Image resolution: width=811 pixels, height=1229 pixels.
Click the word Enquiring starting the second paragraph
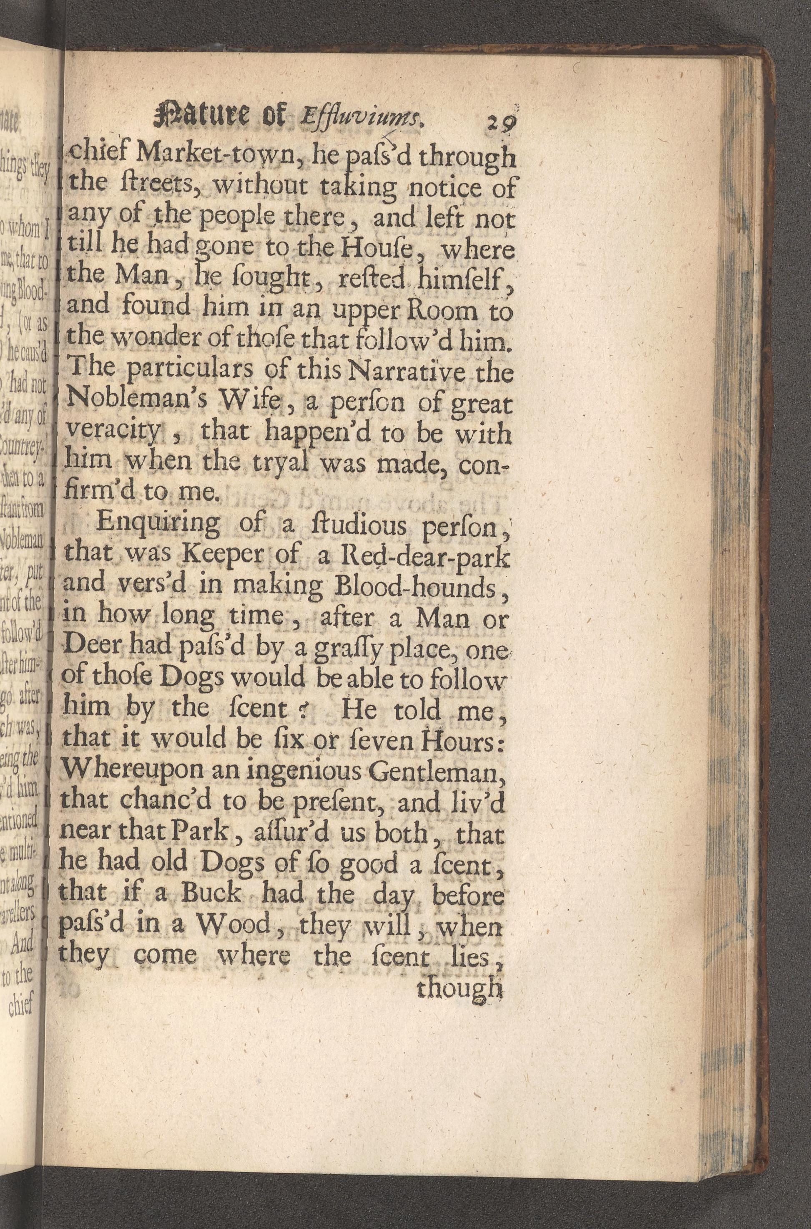(158, 524)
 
